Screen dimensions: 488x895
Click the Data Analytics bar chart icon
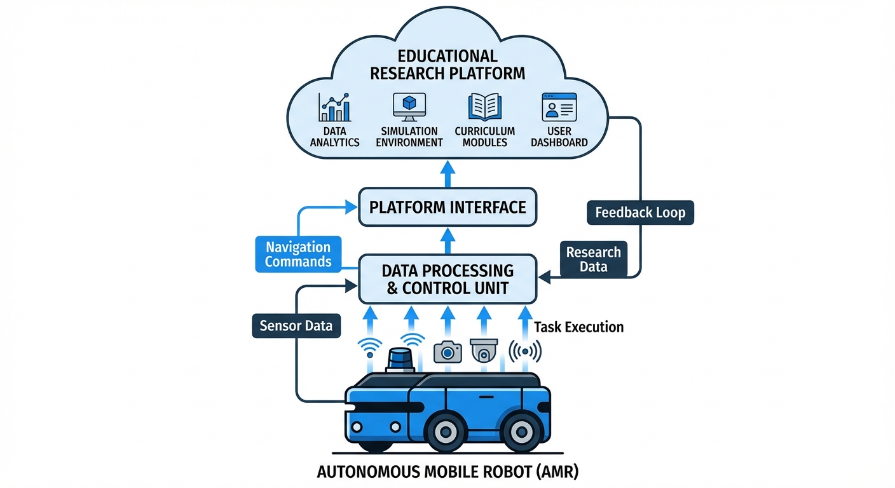(334, 107)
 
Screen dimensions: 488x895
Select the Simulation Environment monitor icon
(409, 107)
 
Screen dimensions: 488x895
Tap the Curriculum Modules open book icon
(484, 107)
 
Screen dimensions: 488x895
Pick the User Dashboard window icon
(559, 107)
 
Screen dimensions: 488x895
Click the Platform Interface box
(447, 207)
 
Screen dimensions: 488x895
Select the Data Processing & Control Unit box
(447, 278)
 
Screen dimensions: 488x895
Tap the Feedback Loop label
(640, 212)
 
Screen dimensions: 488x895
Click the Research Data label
(593, 259)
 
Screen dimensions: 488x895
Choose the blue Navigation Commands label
(297, 254)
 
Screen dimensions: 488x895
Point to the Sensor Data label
(296, 326)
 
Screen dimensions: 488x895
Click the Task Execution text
(578, 327)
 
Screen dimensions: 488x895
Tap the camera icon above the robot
(447, 351)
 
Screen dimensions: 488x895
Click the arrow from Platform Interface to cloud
(447, 173)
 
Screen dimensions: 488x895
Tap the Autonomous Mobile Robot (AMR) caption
(447, 473)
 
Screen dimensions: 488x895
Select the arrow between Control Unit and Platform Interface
(447, 241)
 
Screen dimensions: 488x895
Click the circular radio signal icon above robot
(525, 351)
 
